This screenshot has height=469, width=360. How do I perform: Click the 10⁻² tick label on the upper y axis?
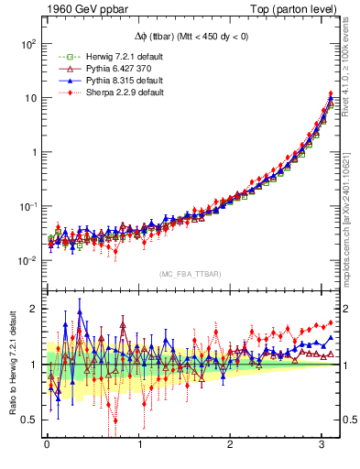point(29,261)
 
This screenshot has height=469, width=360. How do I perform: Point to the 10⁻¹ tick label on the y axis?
point(29,207)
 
